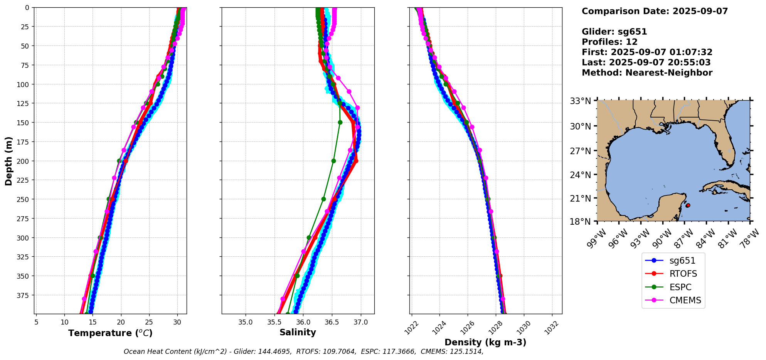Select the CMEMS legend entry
(x=685, y=300)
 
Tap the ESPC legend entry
(x=680, y=287)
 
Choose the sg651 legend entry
(x=682, y=261)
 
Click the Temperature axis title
(x=110, y=333)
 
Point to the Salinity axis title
(x=298, y=332)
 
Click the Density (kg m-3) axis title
(x=485, y=342)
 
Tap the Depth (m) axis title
(x=8, y=161)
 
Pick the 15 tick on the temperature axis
(x=93, y=322)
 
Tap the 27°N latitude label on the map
(x=580, y=151)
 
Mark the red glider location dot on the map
(x=688, y=205)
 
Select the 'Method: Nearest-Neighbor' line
(x=647, y=73)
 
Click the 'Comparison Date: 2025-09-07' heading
(x=655, y=11)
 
